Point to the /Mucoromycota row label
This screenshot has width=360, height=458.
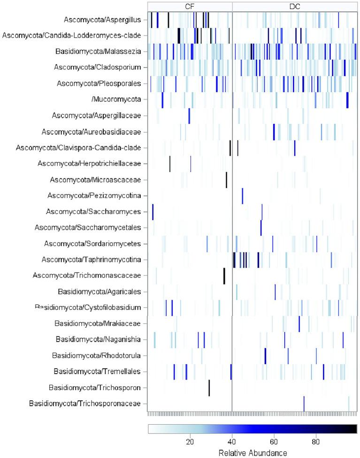point(120,99)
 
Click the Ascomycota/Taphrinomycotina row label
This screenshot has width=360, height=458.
point(91,260)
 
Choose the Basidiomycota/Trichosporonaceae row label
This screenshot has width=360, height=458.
point(84,404)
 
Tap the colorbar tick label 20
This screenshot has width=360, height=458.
point(190,442)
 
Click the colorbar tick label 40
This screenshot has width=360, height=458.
point(232,442)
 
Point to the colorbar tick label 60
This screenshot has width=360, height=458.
point(274,442)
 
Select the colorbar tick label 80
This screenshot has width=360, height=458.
point(316,442)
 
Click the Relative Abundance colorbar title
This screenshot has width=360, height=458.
point(253,453)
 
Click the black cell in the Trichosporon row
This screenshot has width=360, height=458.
point(209,388)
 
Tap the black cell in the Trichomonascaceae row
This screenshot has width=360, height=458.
point(224,275)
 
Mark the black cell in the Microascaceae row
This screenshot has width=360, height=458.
point(226,180)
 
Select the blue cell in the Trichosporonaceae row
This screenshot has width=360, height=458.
point(304,404)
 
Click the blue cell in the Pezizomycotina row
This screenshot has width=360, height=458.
point(242,196)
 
